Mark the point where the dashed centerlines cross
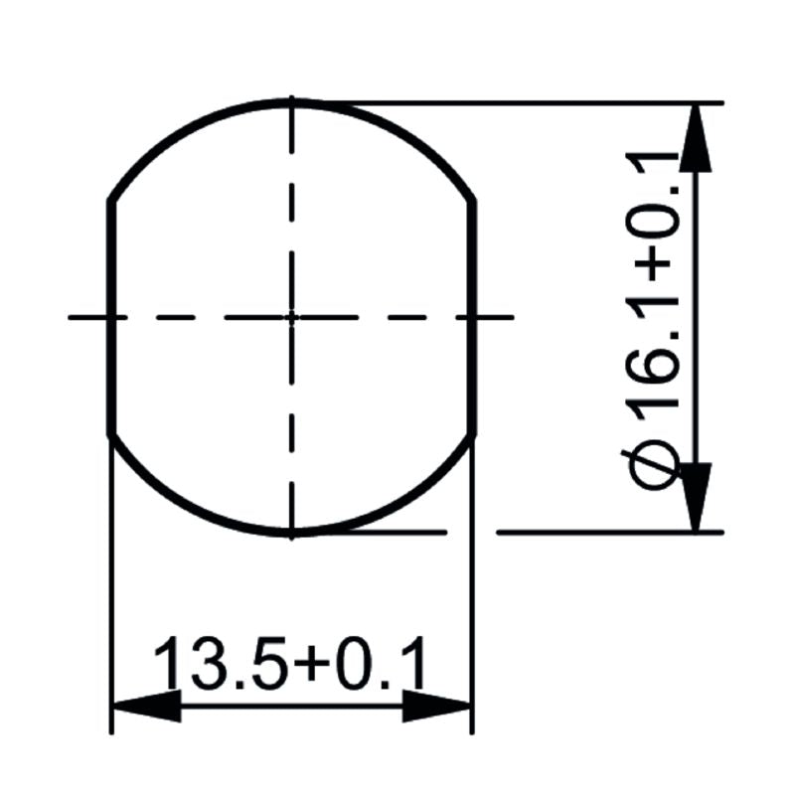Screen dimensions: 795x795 (x=291, y=318)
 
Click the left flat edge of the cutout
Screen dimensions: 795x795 (x=109, y=318)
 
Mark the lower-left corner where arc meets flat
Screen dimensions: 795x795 (x=110, y=434)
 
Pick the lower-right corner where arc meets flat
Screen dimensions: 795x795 (x=473, y=434)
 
